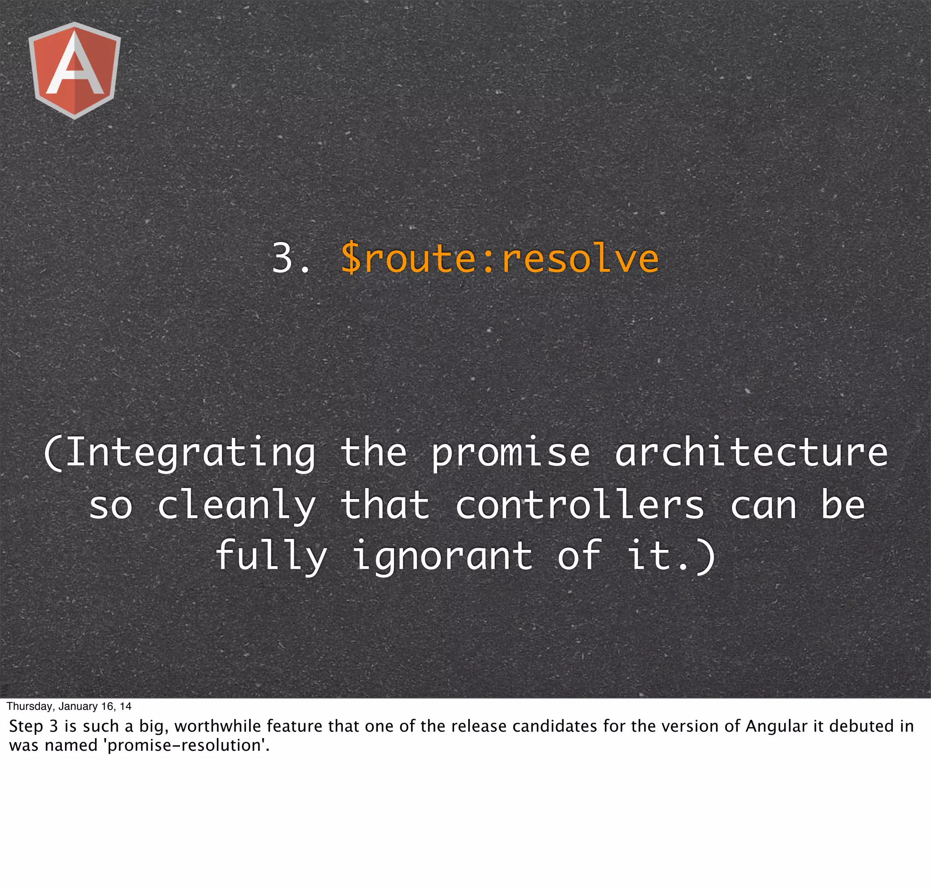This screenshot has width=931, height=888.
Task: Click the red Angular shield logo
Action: [75, 70]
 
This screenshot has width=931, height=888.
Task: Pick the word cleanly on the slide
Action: [236, 505]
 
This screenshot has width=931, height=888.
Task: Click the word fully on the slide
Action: [271, 557]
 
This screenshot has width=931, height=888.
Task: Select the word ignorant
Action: [442, 557]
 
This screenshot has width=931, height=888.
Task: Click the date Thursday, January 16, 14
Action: [69, 706]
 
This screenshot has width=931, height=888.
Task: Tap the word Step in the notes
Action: [26, 727]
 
